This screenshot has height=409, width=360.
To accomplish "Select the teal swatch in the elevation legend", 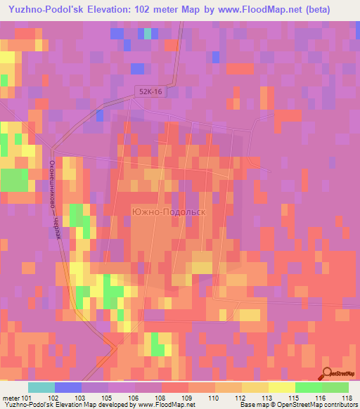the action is pos(41,387).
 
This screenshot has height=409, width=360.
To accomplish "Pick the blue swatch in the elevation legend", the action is pos(67,387).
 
